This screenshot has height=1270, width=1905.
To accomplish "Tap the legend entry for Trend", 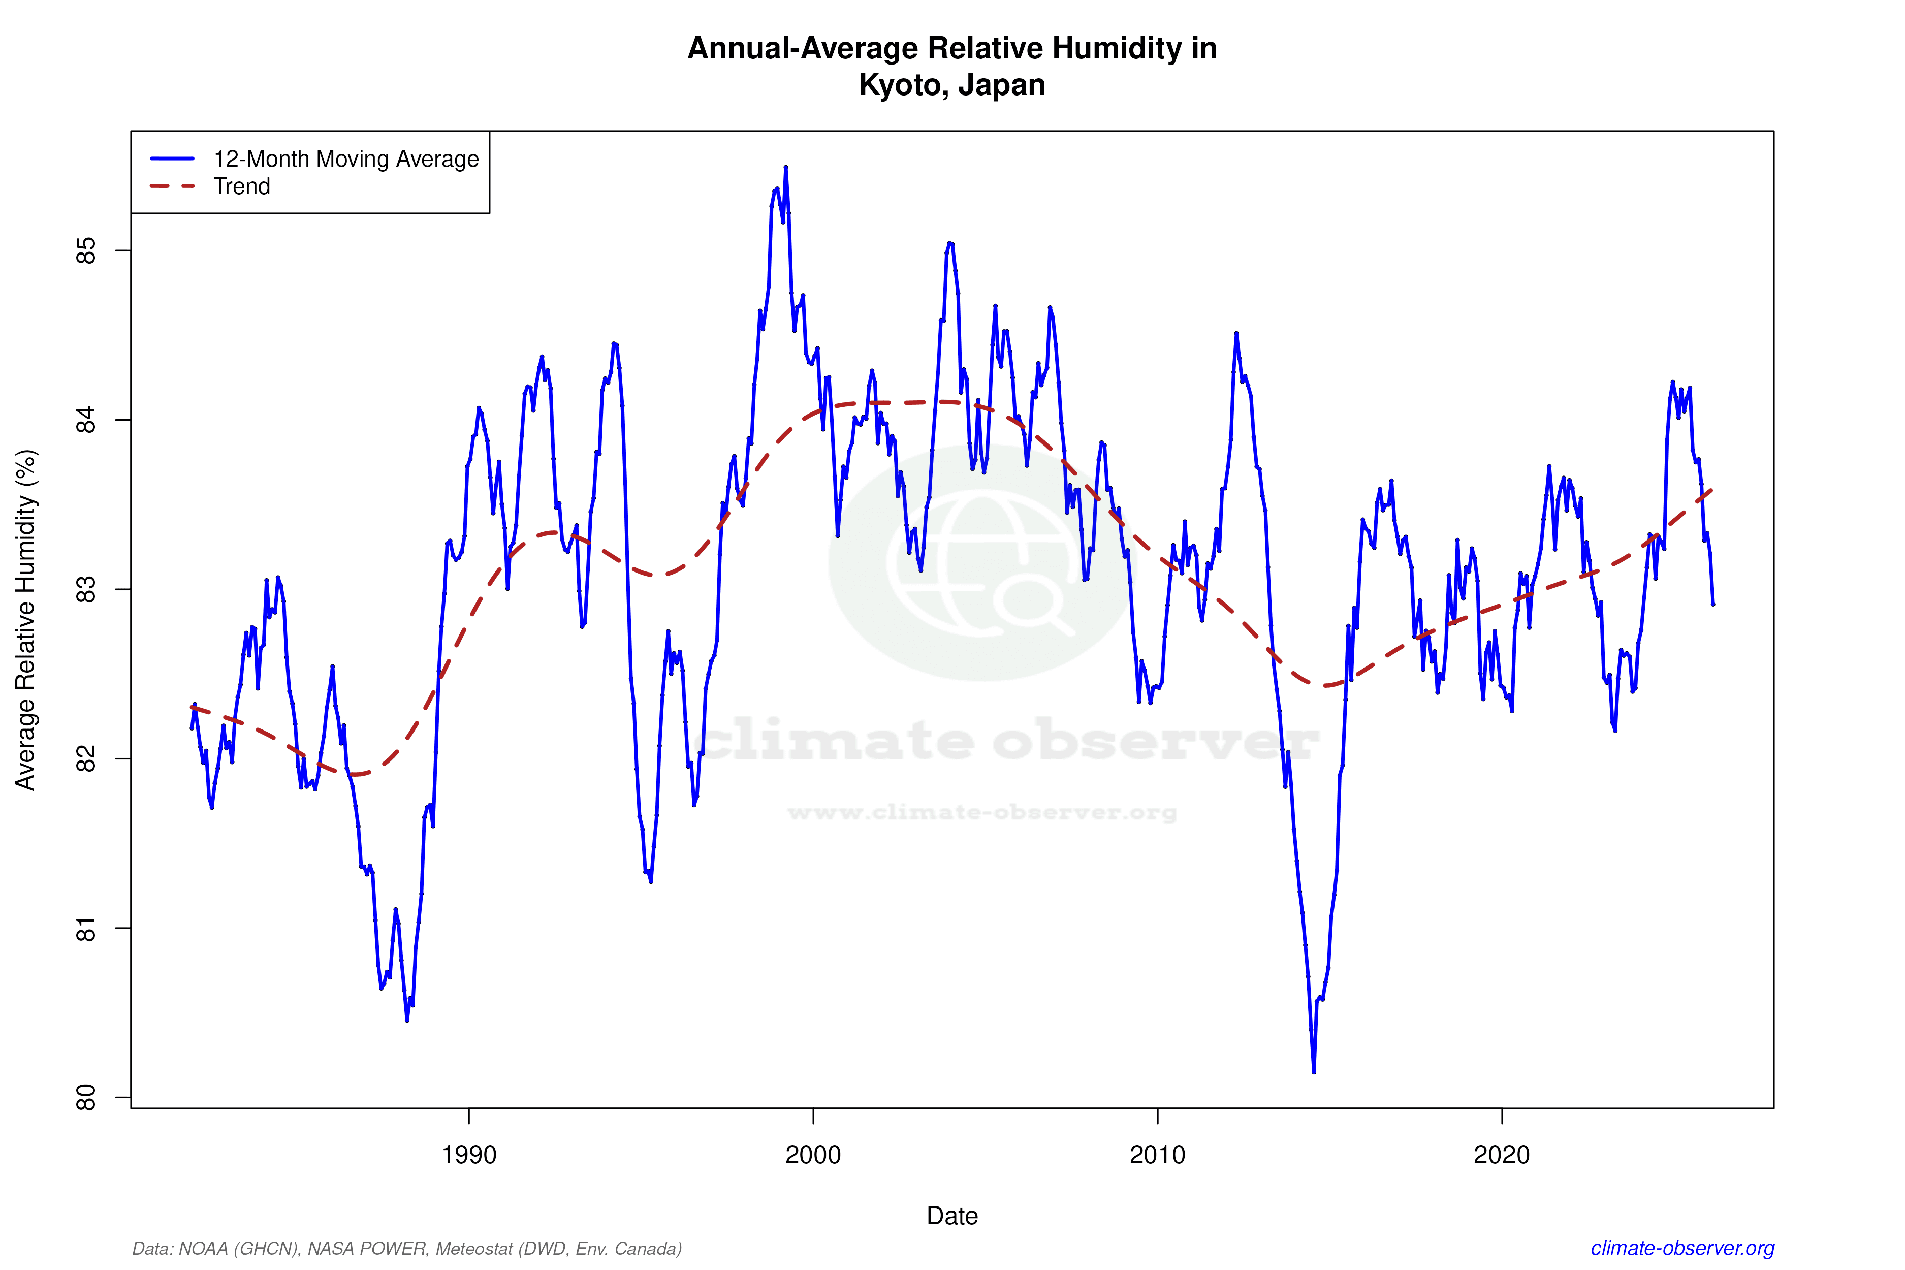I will [241, 186].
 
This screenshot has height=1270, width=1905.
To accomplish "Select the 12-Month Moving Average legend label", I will [346, 158].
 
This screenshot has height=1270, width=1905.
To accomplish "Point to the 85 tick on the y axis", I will [86, 250].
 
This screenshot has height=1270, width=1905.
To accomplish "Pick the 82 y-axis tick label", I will [86, 759].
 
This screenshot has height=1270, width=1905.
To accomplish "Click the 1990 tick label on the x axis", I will [469, 1154].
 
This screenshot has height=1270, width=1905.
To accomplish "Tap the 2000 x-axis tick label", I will [813, 1154].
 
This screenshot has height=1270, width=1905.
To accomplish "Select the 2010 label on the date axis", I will [1157, 1154].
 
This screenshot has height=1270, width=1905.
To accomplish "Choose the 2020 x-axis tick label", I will [1502, 1154].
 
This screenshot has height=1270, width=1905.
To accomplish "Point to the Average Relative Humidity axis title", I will [26, 620].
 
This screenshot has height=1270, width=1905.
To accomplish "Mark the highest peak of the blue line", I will [786, 168].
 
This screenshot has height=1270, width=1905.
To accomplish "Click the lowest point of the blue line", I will [1314, 1071].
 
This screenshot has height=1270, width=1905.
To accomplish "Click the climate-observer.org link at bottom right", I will [1682, 1248].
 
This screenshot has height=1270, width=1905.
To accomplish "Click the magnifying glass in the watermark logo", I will [1030, 601].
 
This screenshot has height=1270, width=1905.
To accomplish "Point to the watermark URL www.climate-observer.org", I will [981, 812].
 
